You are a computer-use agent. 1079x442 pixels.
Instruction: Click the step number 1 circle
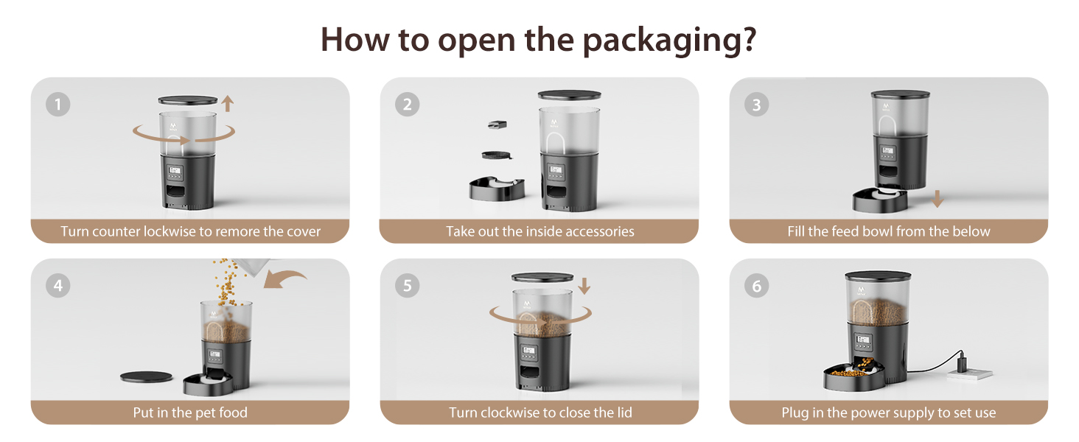pyautogui.click(x=57, y=104)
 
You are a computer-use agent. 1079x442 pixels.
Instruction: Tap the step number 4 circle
pyautogui.click(x=57, y=286)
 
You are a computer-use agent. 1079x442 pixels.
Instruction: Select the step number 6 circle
pyautogui.click(x=756, y=286)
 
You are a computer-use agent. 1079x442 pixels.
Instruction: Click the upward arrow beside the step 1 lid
pyautogui.click(x=227, y=104)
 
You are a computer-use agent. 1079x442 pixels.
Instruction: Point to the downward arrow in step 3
pyautogui.click(x=937, y=198)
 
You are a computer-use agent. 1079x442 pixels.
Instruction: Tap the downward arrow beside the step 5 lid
pyautogui.click(x=584, y=286)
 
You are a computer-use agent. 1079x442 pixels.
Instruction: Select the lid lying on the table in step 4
pyautogui.click(x=146, y=376)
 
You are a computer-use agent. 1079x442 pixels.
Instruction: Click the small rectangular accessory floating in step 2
pyautogui.click(x=497, y=124)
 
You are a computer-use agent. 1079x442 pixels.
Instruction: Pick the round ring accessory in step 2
pyautogui.click(x=496, y=155)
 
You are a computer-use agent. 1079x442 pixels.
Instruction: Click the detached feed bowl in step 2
pyautogui.click(x=497, y=189)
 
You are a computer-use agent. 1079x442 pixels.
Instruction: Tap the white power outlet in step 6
pyautogui.click(x=970, y=374)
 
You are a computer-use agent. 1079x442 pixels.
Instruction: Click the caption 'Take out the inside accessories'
pyautogui.click(x=540, y=231)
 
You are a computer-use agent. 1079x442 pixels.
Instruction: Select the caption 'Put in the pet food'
pyautogui.click(x=190, y=413)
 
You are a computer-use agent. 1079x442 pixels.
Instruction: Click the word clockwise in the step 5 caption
pyautogui.click(x=510, y=413)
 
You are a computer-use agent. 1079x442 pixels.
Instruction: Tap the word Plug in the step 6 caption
pyautogui.click(x=795, y=413)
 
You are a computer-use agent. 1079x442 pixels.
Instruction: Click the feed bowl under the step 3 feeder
pyautogui.click(x=881, y=200)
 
